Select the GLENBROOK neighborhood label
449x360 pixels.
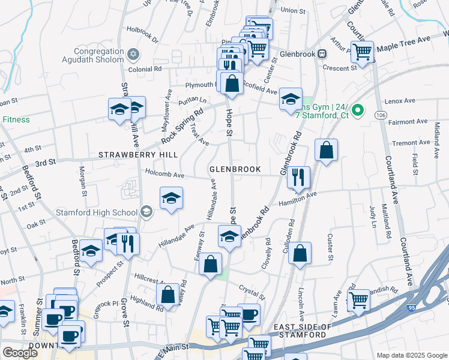click(235, 169)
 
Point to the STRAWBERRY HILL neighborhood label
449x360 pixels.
click(138, 155)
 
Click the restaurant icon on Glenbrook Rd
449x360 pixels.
click(298, 177)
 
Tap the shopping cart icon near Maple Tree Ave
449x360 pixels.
click(362, 52)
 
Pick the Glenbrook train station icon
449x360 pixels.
click(322, 53)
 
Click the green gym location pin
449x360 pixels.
click(358, 110)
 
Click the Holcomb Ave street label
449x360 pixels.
click(164, 175)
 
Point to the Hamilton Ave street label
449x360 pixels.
click(303, 196)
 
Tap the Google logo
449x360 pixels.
click(20, 353)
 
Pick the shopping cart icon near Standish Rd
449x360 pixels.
click(358, 300)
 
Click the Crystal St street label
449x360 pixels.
click(252, 292)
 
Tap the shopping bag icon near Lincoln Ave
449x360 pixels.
click(300, 253)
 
